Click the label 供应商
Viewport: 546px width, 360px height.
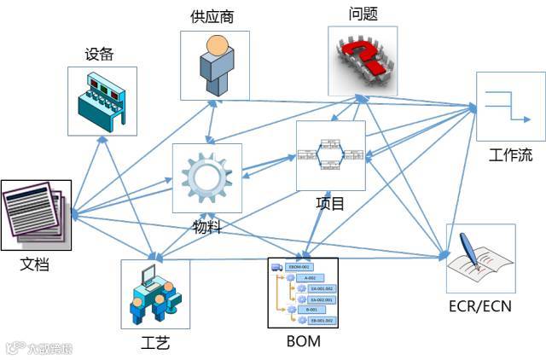tap(213, 17)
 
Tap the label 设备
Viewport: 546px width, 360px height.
tap(99, 55)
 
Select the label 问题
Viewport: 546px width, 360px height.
tap(363, 14)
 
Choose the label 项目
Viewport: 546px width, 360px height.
tap(330, 203)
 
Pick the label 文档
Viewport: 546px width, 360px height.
tap(35, 264)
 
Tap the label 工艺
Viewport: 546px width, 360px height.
tap(154, 343)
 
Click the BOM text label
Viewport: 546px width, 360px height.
tap(304, 342)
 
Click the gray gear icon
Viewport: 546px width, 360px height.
tap(206, 177)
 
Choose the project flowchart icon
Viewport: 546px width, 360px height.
tap(330, 154)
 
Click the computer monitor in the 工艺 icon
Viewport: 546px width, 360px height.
tap(148, 276)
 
